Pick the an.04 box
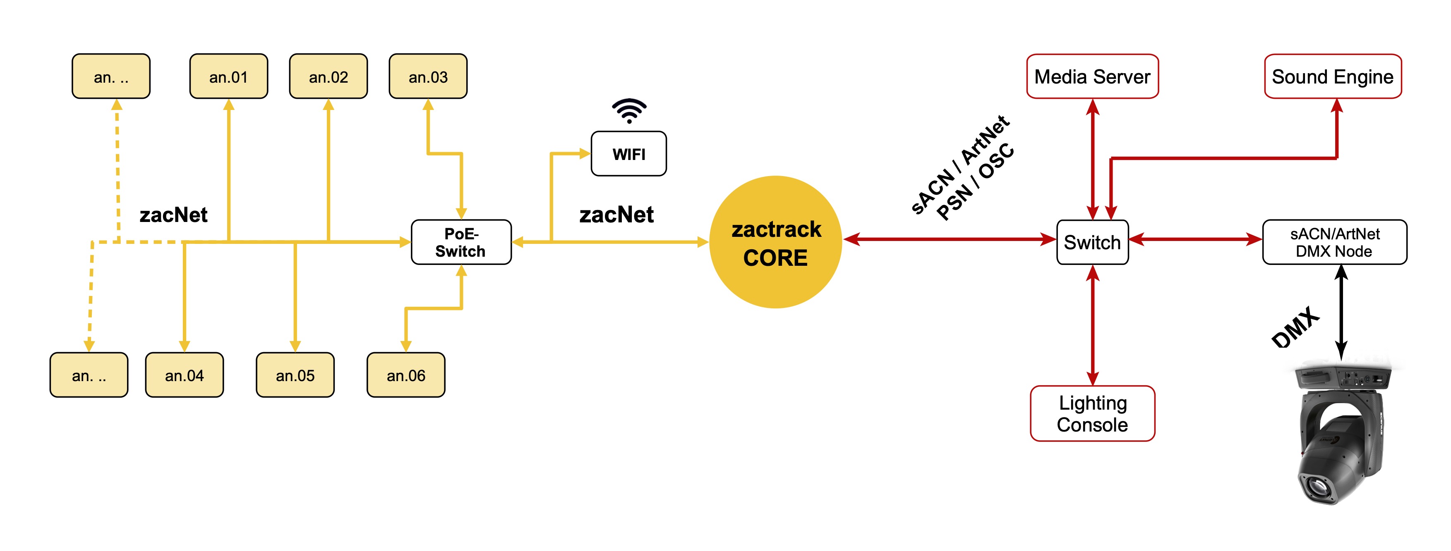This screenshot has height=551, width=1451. click(x=184, y=375)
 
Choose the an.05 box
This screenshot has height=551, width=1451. click(x=295, y=375)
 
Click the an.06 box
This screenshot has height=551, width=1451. click(x=405, y=375)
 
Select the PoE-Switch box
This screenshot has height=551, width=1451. click(x=461, y=242)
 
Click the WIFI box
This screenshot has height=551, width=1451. click(x=628, y=154)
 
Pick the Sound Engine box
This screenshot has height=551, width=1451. click(x=1332, y=76)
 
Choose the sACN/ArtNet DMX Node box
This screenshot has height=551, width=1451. click(x=1334, y=242)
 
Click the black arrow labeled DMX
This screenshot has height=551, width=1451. click(x=1341, y=312)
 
